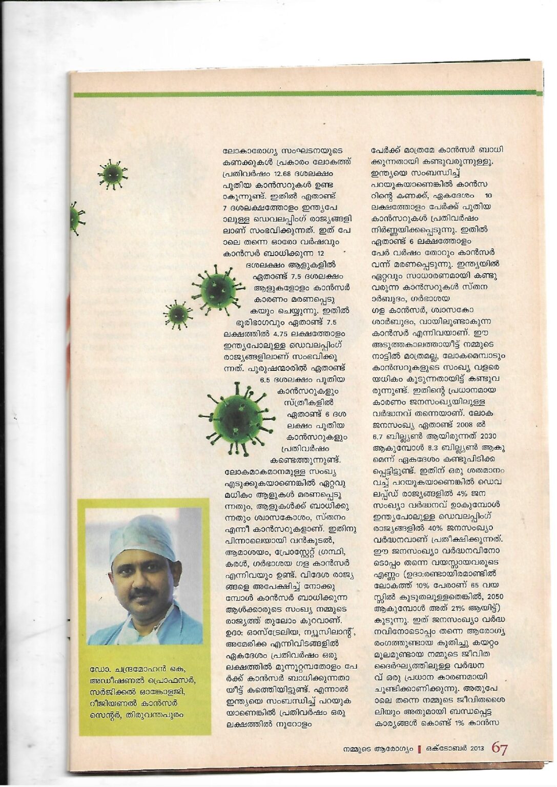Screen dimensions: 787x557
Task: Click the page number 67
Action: pyautogui.click(x=500, y=749)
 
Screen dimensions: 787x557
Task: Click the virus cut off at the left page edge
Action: pyautogui.click(x=76, y=218)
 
